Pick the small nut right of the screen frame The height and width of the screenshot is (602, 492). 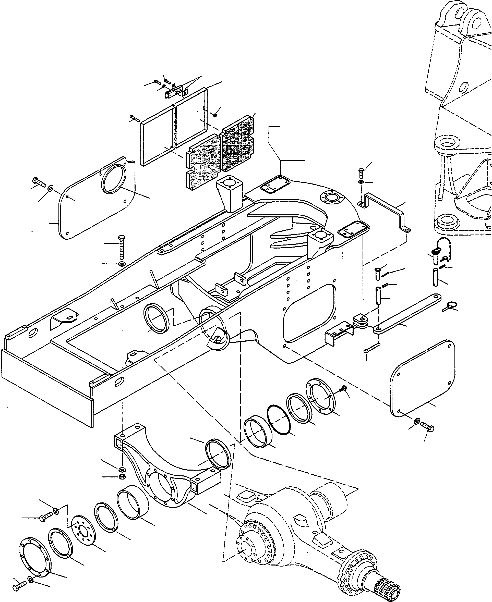pos(215,115)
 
